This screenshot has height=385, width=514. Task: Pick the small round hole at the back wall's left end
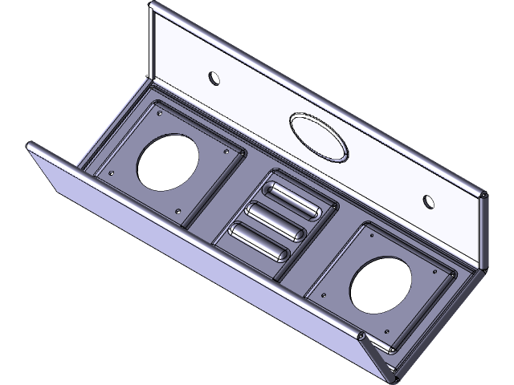coord(214,78)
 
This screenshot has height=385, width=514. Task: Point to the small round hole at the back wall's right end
coord(429,199)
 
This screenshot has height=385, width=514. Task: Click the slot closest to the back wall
coord(292,200)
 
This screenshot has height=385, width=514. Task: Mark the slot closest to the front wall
coord(258,240)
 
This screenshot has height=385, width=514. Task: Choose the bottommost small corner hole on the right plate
coord(390,330)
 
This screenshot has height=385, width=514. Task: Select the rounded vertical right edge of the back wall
coord(485,233)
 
